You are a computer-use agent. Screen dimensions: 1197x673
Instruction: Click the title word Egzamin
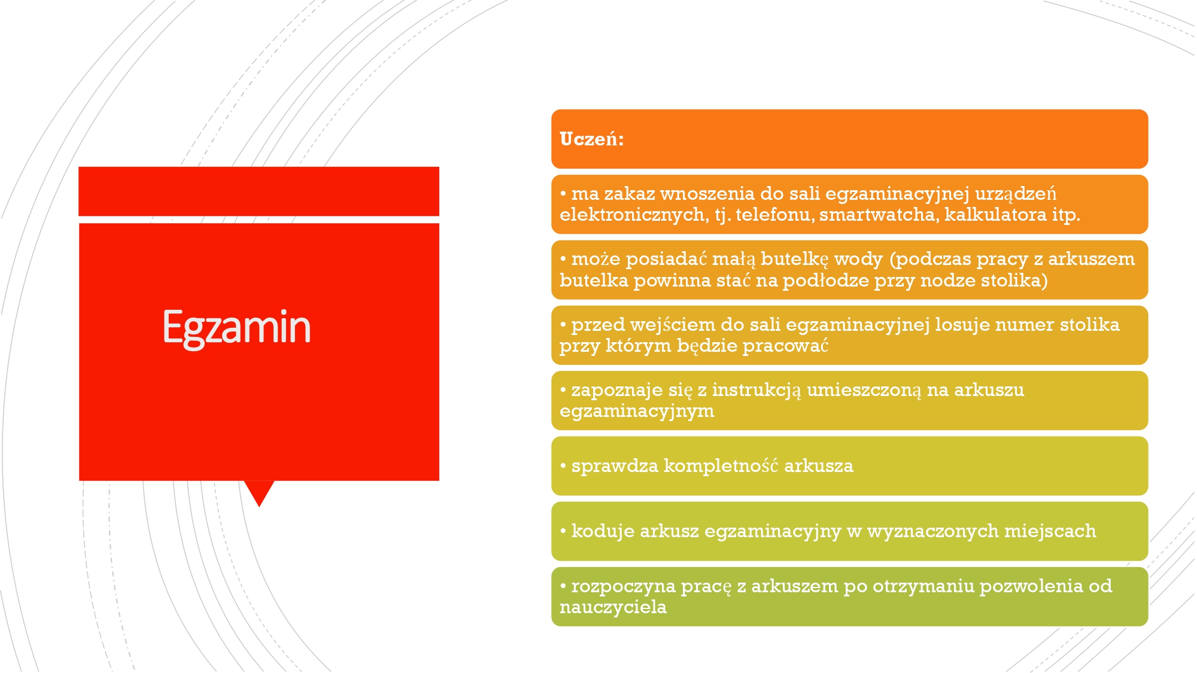pos(237,328)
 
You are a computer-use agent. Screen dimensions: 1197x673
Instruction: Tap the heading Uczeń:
pos(591,139)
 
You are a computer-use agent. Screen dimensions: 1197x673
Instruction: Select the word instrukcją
pos(757,391)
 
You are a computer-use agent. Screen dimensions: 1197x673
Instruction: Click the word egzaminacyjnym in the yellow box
pos(637,412)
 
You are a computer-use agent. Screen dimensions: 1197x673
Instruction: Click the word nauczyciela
pos(613,607)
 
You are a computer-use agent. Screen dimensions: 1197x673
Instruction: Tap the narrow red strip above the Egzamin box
pos(259,191)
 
